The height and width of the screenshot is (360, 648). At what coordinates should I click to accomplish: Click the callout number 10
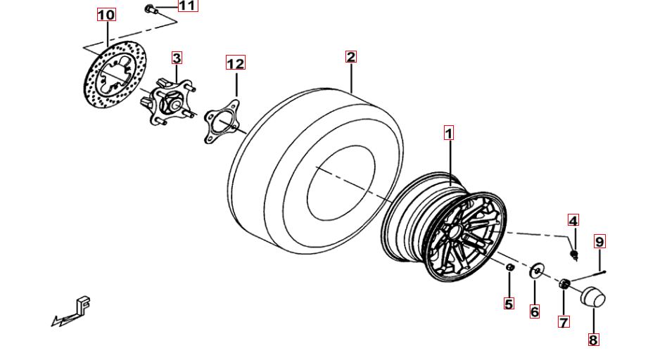tap(106, 15)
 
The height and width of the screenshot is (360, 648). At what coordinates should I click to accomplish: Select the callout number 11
tap(188, 6)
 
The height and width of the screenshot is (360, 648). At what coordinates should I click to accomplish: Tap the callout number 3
tap(177, 58)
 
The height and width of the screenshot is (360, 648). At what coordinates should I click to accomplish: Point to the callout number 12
tap(235, 63)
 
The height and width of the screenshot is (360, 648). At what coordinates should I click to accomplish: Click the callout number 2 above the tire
tap(351, 57)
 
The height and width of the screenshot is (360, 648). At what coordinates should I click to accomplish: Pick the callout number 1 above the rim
tap(448, 134)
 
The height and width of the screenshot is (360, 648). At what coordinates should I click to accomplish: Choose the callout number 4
tap(573, 221)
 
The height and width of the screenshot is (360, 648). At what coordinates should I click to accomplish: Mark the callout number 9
tap(599, 241)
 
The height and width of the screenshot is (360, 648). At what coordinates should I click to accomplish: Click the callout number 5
tap(509, 304)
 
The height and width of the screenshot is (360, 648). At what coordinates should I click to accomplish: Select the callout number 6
tap(534, 311)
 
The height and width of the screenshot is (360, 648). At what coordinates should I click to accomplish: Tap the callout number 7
tap(564, 321)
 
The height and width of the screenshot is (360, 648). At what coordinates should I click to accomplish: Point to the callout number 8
tap(593, 340)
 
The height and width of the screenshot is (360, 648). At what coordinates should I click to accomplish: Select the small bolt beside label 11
tap(150, 8)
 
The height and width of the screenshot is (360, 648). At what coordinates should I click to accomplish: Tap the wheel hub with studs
tap(167, 102)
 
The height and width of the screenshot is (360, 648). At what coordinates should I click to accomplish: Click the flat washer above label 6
tap(535, 271)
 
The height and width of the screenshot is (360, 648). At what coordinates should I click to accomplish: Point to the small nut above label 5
tap(510, 267)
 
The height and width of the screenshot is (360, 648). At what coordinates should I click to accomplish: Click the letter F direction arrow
tap(72, 312)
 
